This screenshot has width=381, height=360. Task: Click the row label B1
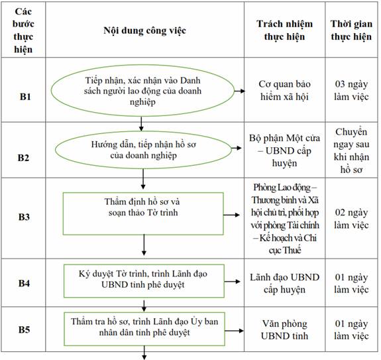[25, 97]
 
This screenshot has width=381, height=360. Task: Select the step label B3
[24, 217]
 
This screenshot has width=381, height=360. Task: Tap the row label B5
[24, 330]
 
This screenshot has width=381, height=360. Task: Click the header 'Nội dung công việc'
[145, 30]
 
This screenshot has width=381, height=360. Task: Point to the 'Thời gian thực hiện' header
[351, 30]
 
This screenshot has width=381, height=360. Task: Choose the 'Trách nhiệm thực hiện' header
[284, 30]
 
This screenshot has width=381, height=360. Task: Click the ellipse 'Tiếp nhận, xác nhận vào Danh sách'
[142, 91]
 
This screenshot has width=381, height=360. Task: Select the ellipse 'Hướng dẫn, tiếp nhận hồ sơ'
[143, 150]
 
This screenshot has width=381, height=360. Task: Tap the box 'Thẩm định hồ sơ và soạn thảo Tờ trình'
[143, 214]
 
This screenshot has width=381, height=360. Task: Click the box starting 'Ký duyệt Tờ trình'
[144, 281]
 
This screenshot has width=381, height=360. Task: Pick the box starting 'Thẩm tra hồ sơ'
[144, 329]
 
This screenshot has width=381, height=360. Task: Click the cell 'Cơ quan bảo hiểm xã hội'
[284, 90]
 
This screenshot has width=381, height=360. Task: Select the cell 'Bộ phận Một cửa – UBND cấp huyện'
[284, 150]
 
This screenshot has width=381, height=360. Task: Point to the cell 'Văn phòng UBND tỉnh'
[284, 330]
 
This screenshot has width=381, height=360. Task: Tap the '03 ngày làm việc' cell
[351, 90]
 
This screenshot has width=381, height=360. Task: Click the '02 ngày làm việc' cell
[351, 219]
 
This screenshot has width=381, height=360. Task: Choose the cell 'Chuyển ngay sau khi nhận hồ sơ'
[351, 150]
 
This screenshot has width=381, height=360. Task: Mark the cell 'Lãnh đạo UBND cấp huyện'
[284, 283]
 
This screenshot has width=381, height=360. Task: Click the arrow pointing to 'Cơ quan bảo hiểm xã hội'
[240, 91]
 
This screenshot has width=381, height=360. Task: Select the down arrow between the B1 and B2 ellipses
[141, 124]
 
